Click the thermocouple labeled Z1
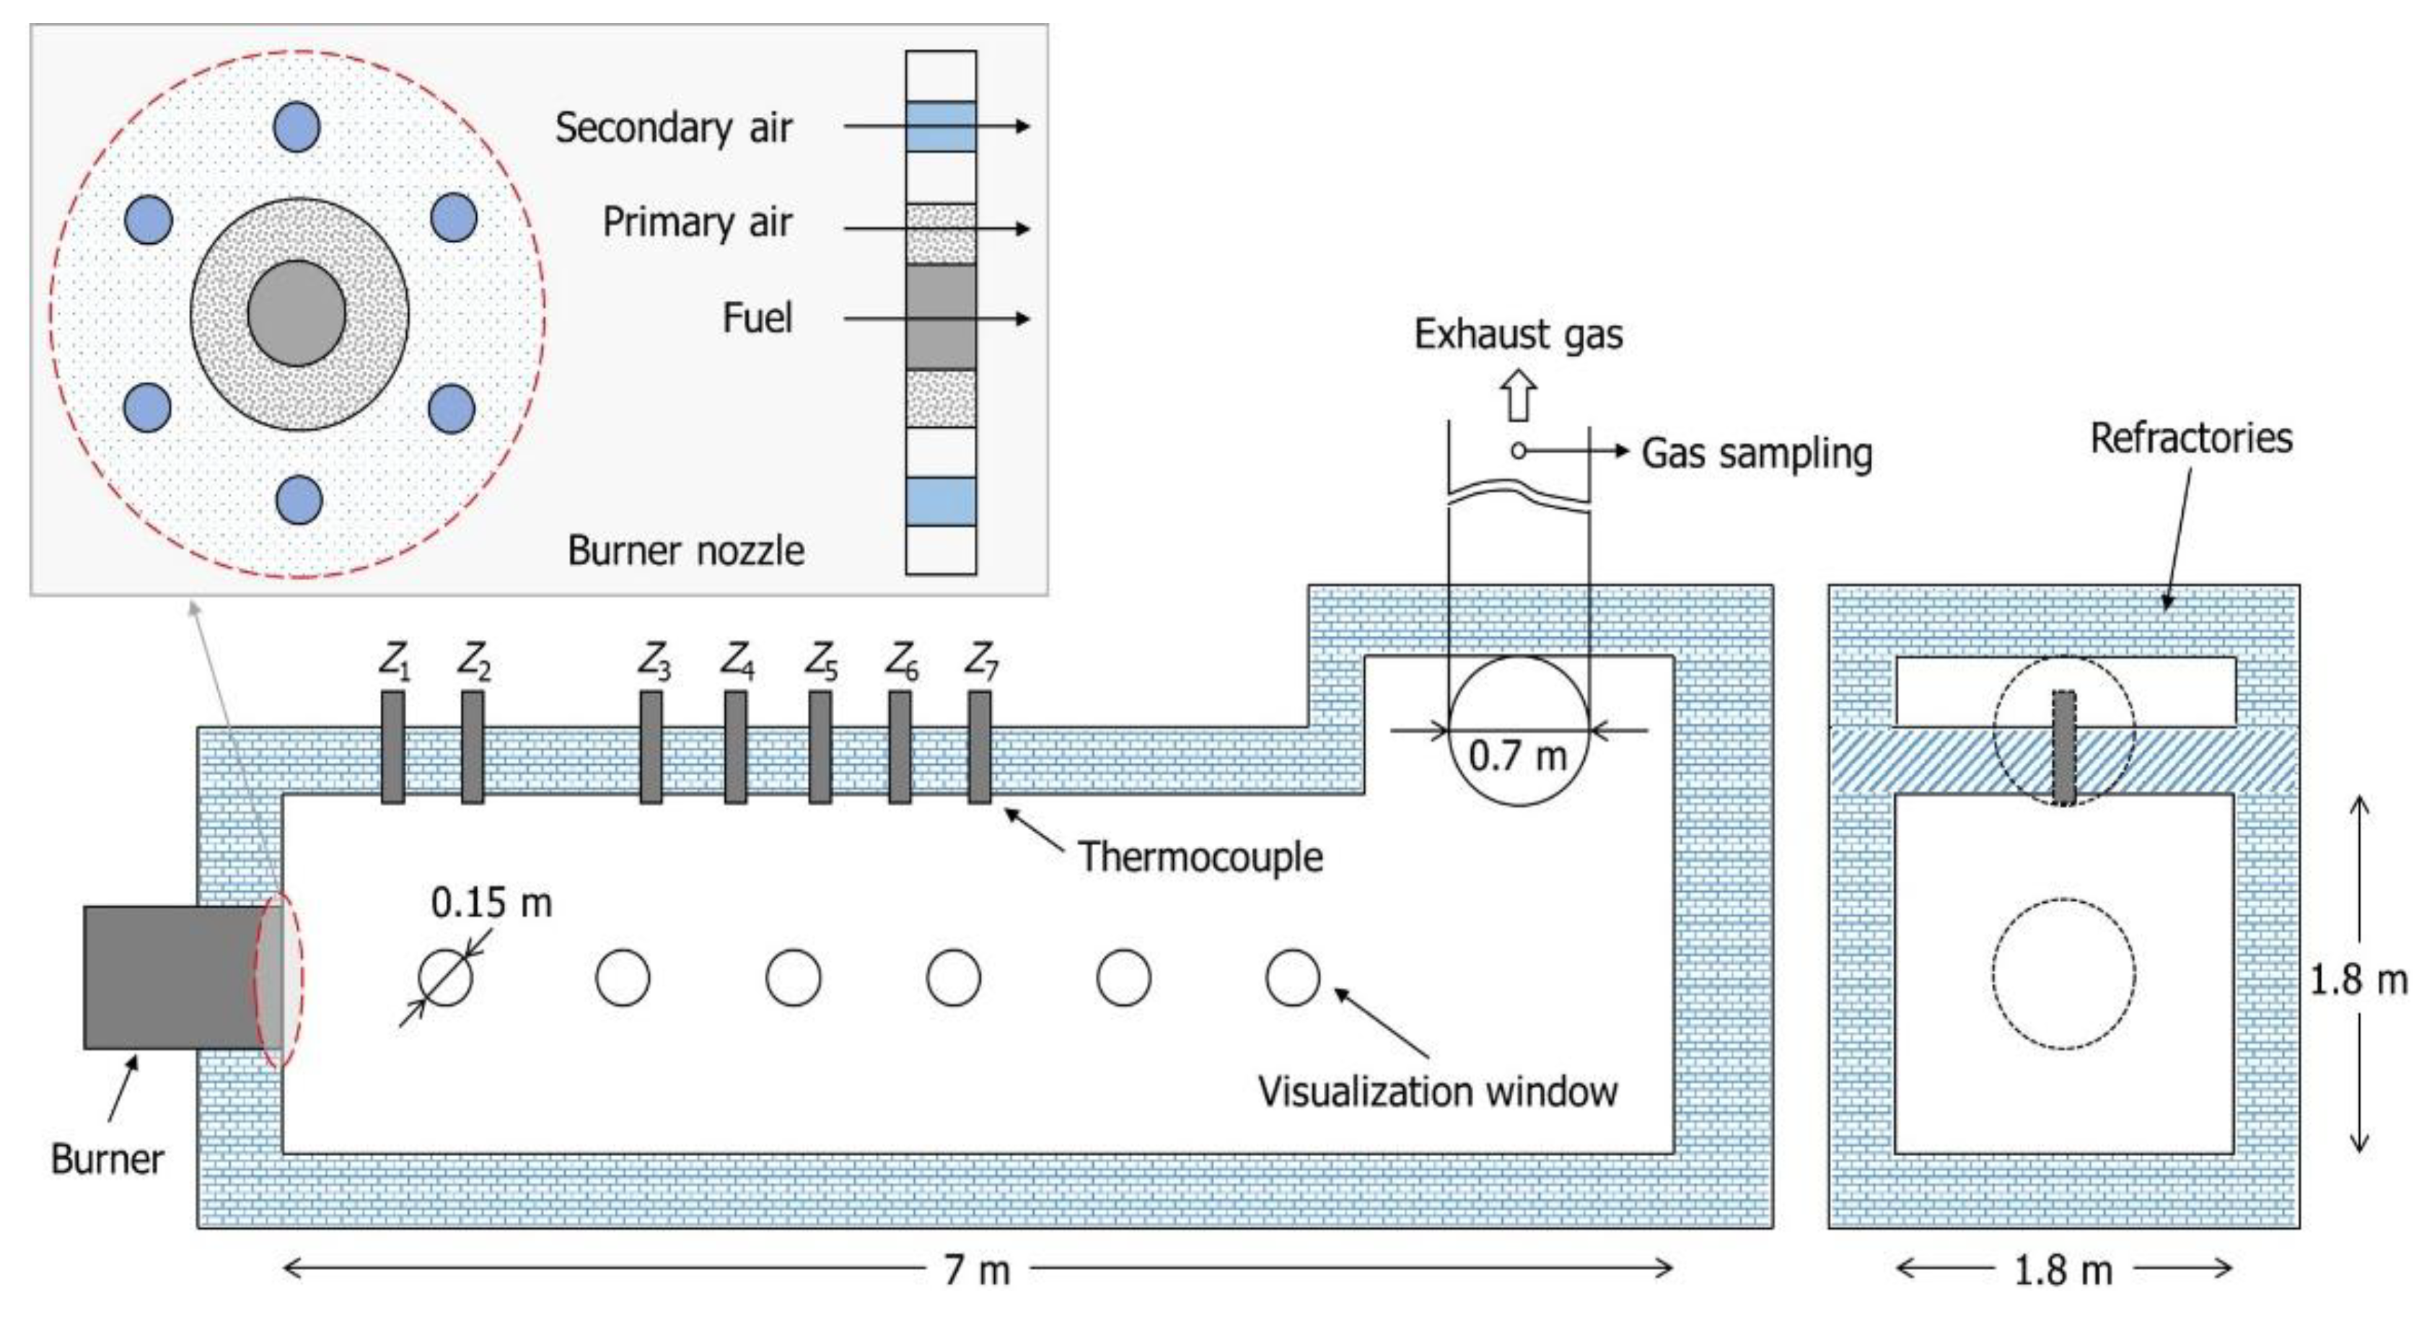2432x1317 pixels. pos(392,747)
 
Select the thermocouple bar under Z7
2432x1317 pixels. pos(979,747)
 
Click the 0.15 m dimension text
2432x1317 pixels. pos(491,903)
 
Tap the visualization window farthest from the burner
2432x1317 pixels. pos(1291,977)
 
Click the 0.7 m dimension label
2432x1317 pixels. pos(1517,756)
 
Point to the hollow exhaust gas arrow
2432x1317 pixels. pos(1518,395)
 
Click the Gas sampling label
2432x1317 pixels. pos(1756,453)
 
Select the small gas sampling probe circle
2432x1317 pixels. pos(1518,451)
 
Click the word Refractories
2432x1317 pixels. pos(2190,438)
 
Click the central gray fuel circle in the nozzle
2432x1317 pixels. pos(297,313)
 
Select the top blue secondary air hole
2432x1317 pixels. pos(297,126)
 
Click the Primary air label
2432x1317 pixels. pos(697,223)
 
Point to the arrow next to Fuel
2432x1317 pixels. pos(935,318)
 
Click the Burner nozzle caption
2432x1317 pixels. pos(685,551)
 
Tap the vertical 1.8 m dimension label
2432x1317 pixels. pos(2358,980)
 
